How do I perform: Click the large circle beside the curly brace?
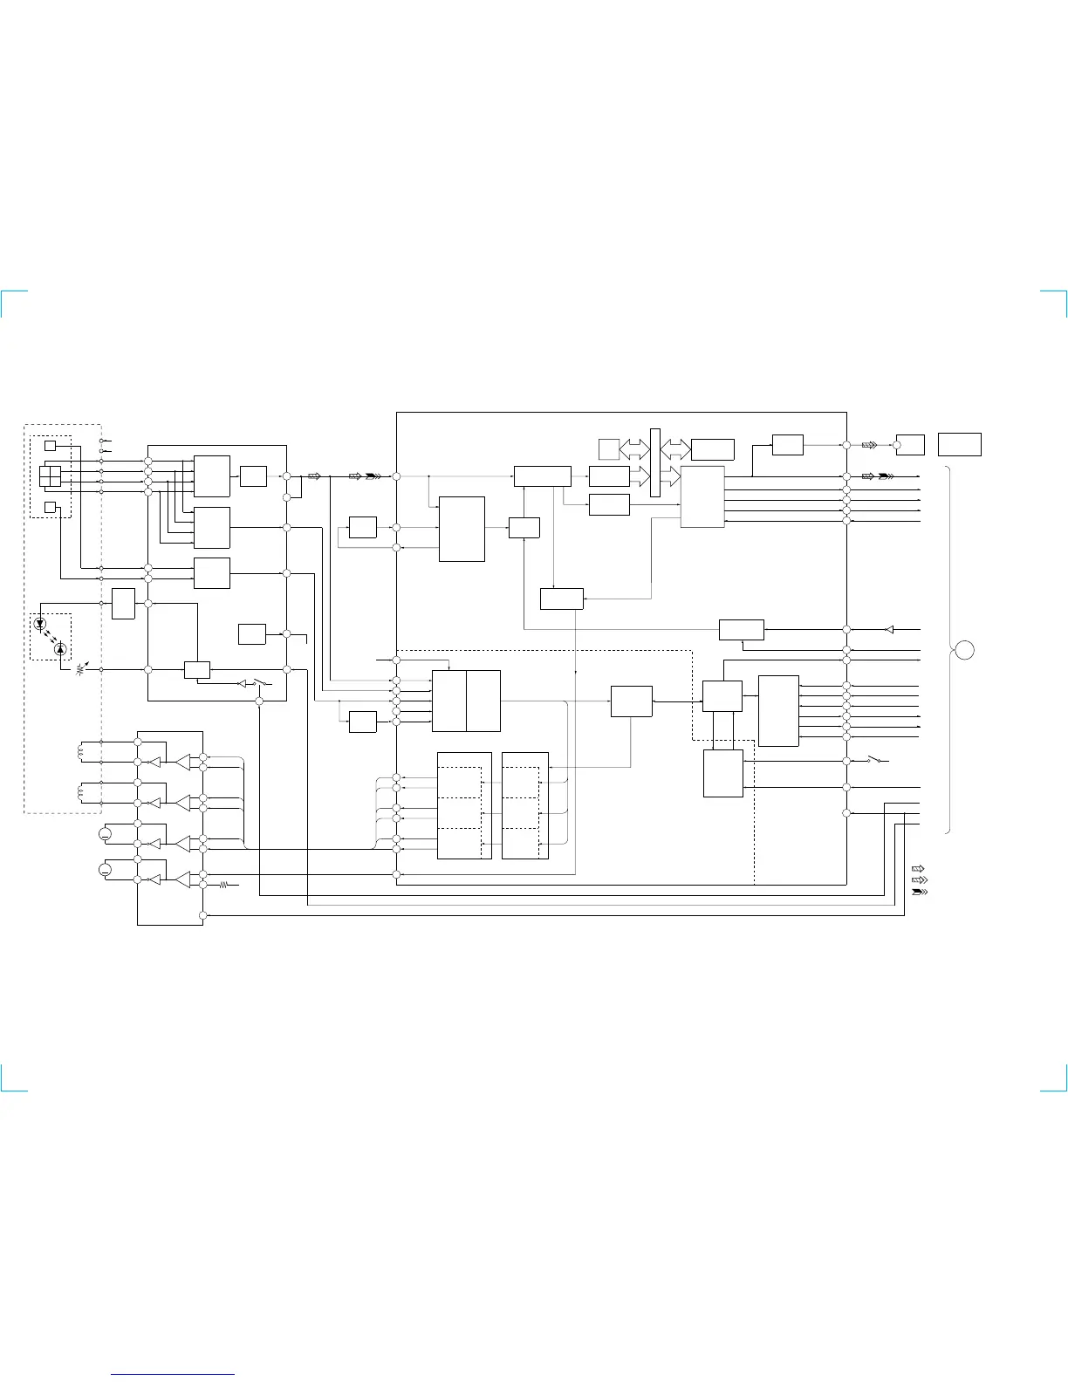(x=965, y=650)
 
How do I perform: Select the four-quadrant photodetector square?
(x=50, y=476)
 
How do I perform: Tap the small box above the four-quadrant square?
(x=50, y=446)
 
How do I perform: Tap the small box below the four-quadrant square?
(x=50, y=507)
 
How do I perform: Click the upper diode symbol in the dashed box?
(x=40, y=624)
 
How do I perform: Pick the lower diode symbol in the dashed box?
(x=59, y=649)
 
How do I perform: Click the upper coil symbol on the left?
(x=81, y=751)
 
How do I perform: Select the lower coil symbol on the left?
(x=81, y=793)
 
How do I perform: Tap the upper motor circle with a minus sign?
(x=105, y=835)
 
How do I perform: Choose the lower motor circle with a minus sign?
(x=105, y=870)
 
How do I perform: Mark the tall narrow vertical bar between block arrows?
(x=655, y=462)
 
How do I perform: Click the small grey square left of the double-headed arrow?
(x=609, y=450)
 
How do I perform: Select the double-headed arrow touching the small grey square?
(x=634, y=450)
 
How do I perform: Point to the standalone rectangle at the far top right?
(x=960, y=444)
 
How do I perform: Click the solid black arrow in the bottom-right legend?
(x=919, y=893)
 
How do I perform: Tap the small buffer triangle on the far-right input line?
(x=889, y=629)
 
